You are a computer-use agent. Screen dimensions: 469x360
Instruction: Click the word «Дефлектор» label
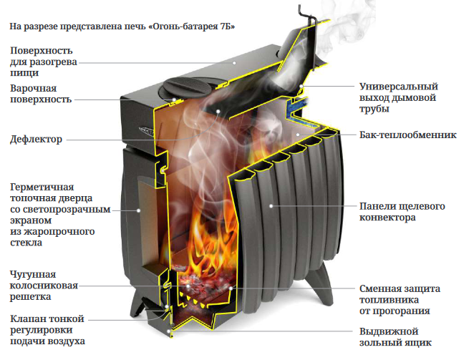coord(37,140)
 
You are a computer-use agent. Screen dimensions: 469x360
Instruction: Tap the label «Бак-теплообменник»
coord(408,135)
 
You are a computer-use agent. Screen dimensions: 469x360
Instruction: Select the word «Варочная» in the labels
coord(33,89)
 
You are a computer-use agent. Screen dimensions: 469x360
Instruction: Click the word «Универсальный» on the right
coord(399,87)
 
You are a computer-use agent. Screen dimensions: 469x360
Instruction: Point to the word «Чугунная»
coord(33,275)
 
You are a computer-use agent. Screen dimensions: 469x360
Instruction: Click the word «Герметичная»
coord(42,188)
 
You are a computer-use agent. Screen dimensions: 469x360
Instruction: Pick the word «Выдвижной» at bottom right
coord(389,331)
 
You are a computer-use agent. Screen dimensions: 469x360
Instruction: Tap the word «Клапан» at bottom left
coord(28,319)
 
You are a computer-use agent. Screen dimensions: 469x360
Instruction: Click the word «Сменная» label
coord(379,289)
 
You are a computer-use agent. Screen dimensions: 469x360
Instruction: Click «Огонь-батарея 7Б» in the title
coord(192,26)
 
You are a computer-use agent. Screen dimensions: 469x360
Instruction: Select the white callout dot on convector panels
coord(271,206)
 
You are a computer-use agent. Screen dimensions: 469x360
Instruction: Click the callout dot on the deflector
coord(218,111)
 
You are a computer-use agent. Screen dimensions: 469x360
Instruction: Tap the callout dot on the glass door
coord(138,210)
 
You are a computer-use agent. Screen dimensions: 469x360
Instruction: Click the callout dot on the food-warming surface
coord(234,63)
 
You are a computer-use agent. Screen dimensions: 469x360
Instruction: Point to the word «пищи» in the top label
coord(24,74)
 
